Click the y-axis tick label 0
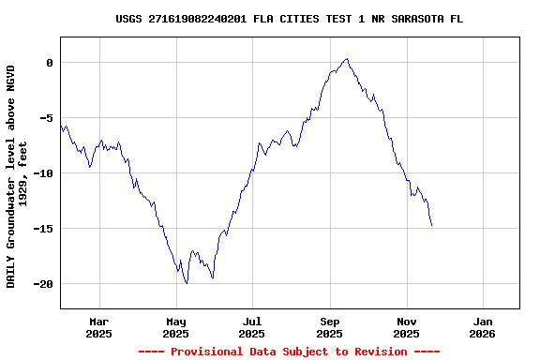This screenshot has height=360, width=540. [x=49, y=63]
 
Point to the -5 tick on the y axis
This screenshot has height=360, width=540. [x=46, y=118]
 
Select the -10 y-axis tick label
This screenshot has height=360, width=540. [x=42, y=173]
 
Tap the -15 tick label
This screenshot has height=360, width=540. [x=42, y=229]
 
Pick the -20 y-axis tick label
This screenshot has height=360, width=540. [x=42, y=284]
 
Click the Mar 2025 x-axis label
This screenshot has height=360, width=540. [x=98, y=327]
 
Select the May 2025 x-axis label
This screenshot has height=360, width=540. [x=175, y=327]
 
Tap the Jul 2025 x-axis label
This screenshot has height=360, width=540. [x=252, y=327]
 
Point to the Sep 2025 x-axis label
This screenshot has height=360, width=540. [x=329, y=327]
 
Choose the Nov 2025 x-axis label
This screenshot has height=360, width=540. [x=406, y=327]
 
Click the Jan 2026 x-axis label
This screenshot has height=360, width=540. [x=483, y=327]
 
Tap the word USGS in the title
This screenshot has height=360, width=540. [x=128, y=19]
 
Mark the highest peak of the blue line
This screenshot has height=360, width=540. [x=347, y=58]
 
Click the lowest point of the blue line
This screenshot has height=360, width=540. [x=187, y=282]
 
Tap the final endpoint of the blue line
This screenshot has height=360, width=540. [x=432, y=226]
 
